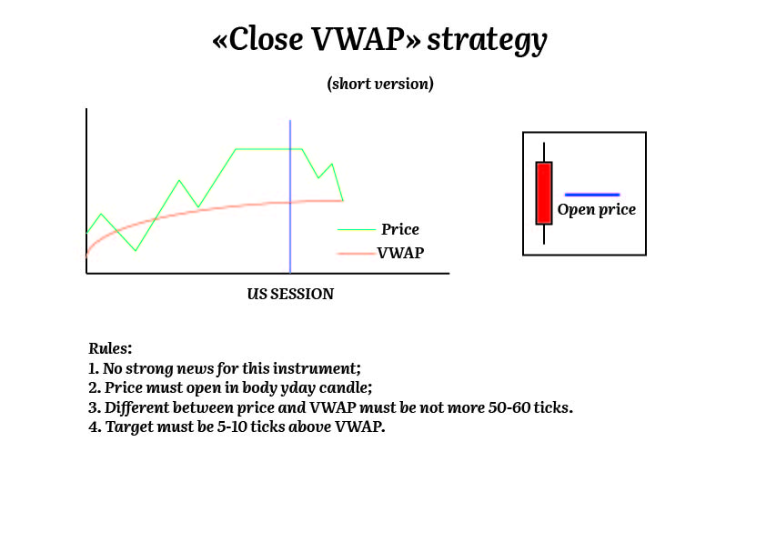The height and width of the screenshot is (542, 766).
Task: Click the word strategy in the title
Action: click(x=487, y=41)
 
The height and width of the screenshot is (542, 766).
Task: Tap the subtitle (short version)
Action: click(x=380, y=84)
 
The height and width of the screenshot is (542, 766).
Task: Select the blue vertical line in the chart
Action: click(x=290, y=196)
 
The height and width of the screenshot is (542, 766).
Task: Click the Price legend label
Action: click(x=400, y=229)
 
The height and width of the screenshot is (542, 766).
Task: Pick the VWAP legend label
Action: click(x=400, y=253)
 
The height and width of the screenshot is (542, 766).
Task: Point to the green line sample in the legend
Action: click(x=357, y=229)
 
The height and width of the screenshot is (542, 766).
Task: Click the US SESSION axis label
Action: click(x=290, y=294)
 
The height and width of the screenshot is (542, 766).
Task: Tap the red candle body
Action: click(x=544, y=193)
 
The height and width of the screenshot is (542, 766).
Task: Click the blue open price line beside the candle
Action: click(x=592, y=195)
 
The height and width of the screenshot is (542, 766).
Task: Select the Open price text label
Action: click(x=597, y=209)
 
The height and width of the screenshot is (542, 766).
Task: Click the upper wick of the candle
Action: click(x=544, y=153)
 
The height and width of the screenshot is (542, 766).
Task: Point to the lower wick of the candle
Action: click(x=544, y=235)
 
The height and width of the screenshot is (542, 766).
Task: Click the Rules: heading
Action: click(x=110, y=348)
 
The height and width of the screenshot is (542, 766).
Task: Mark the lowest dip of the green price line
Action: click(x=136, y=250)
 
